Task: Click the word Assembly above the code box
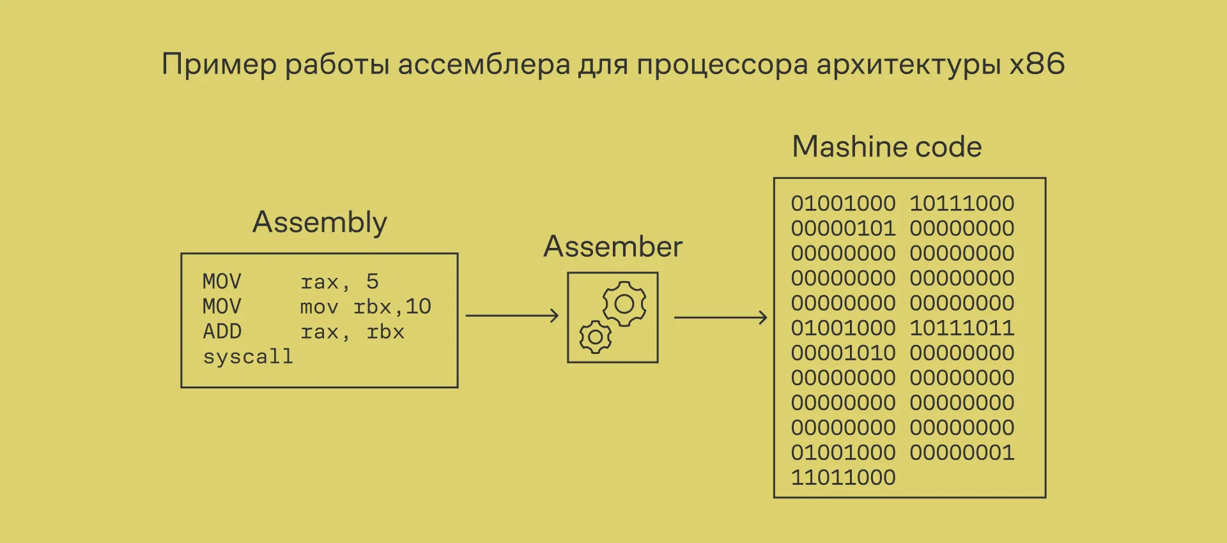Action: pos(320,222)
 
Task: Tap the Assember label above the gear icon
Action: pos(613,247)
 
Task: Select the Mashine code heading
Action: pos(886,147)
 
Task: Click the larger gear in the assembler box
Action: pos(624,304)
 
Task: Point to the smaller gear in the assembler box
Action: pos(595,337)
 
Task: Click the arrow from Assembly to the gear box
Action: pos(512,316)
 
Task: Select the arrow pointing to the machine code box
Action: pos(720,317)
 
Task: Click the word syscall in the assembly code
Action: pos(248,356)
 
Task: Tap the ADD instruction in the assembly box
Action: pos(222,332)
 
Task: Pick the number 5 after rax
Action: pos(373,282)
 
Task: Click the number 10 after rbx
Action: pos(418,307)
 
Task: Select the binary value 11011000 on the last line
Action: pos(843,477)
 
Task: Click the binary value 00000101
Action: pos(843,228)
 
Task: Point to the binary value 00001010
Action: pos(843,353)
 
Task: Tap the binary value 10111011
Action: pos(962,328)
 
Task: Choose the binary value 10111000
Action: pos(962,203)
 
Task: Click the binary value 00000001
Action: pos(962,452)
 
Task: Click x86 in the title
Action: pos(1037,64)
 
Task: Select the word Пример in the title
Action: pos(219,65)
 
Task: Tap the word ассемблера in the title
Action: pos(484,65)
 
